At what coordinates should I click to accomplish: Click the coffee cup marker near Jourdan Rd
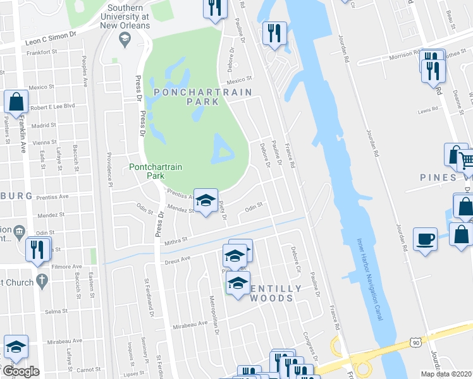tap(425, 239)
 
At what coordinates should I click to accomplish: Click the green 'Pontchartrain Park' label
tap(156, 172)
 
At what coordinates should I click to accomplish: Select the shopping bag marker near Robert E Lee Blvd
tap(16, 102)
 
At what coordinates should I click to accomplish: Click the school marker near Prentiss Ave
tap(205, 200)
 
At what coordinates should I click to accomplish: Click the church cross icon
tap(42, 282)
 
